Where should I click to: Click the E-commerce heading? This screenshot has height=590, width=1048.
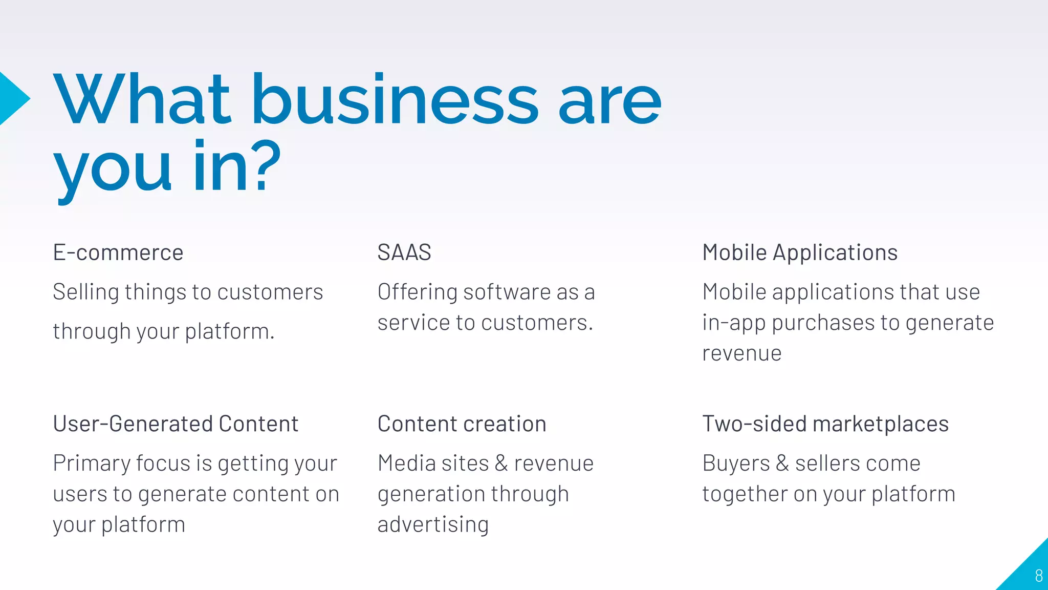click(118, 252)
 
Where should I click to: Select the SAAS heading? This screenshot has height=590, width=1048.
click(404, 252)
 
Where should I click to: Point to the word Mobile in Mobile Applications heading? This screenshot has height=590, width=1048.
click(734, 252)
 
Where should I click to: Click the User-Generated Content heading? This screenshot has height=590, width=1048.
click(176, 424)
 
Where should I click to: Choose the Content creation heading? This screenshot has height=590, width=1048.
click(462, 424)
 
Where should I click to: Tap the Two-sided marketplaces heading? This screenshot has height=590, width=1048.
click(825, 424)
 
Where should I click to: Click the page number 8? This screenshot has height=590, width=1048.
click(1038, 576)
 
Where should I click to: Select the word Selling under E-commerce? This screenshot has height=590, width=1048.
click(86, 292)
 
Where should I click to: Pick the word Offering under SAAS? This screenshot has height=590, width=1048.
click(417, 292)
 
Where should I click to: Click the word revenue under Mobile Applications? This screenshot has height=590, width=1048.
click(741, 353)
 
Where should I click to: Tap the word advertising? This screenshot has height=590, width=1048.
click(433, 525)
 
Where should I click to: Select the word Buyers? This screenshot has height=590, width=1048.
click(736, 463)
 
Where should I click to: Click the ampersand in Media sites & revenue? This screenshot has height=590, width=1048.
click(501, 463)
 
